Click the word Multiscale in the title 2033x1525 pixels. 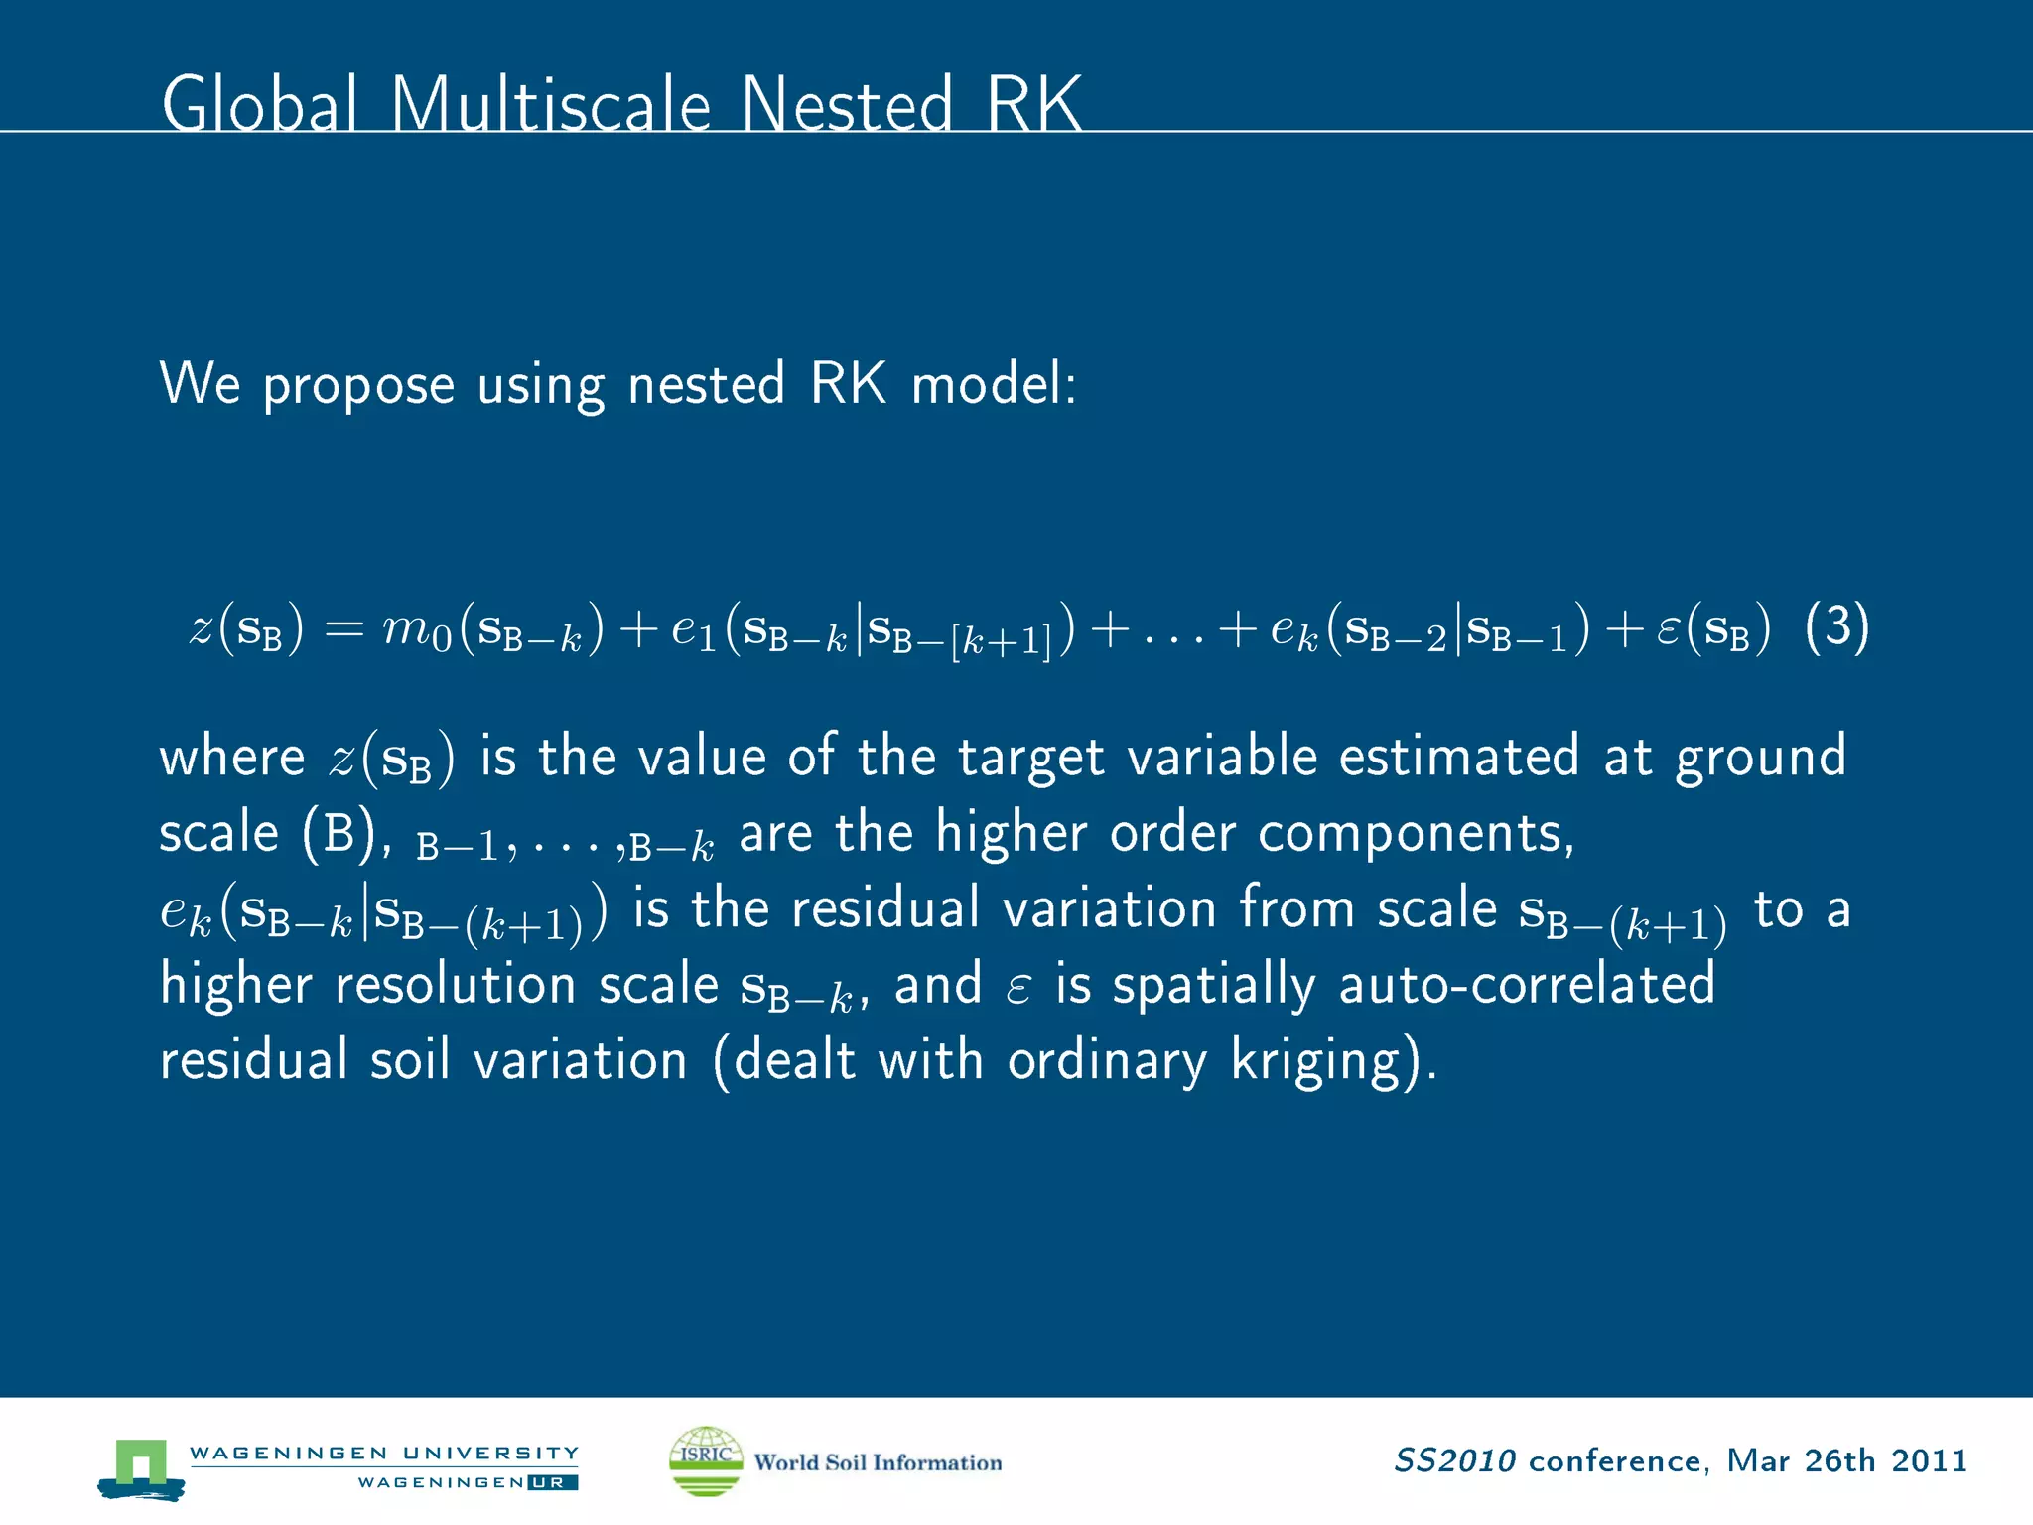(x=551, y=104)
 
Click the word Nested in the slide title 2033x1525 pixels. (x=846, y=104)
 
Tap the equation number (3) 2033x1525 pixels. (x=1836, y=627)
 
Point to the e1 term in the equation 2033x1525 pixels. (x=693, y=630)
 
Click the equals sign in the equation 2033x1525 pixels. (x=344, y=630)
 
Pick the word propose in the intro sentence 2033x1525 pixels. (x=358, y=385)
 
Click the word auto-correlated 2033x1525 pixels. (x=1527, y=985)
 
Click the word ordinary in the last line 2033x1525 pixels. (x=1107, y=1061)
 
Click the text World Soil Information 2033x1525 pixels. (x=878, y=1462)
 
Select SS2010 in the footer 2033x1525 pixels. (x=1454, y=1461)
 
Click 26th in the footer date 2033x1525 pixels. (x=1839, y=1461)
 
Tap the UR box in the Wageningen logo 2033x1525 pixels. (x=552, y=1482)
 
